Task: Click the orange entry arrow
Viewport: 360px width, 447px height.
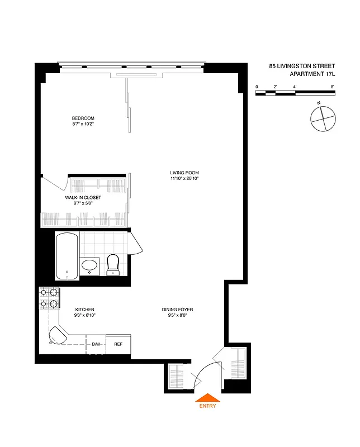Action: [207, 397]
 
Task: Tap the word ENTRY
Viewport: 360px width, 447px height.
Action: [207, 406]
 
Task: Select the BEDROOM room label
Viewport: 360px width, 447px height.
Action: [83, 118]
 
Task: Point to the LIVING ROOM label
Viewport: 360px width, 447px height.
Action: [184, 173]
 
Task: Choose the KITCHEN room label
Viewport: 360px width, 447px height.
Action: [85, 310]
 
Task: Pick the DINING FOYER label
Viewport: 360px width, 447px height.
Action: [177, 310]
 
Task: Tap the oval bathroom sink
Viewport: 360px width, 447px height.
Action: [89, 266]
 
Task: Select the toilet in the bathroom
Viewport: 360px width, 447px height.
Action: [113, 264]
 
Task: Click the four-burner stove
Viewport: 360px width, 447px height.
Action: [49, 298]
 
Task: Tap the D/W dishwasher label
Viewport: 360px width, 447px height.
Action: [96, 344]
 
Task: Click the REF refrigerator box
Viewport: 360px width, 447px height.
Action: [118, 344]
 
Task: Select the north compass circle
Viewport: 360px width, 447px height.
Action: [323, 118]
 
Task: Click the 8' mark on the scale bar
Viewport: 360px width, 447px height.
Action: [332, 87]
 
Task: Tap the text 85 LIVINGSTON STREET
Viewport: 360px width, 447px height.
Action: [302, 66]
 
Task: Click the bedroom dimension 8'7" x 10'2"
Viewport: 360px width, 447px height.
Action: [83, 125]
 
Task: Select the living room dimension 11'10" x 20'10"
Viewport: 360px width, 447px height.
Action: [184, 179]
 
